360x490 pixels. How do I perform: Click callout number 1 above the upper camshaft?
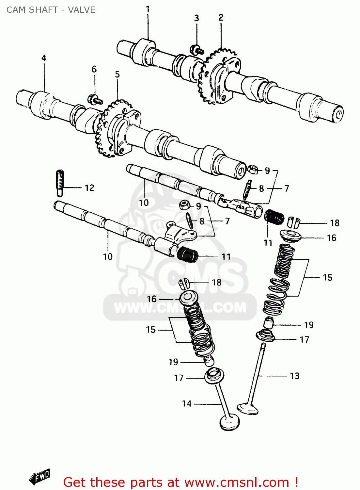point(148,9)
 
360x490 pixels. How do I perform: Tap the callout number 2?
point(221,18)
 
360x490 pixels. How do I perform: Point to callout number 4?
point(44,58)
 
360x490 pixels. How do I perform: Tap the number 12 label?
point(89,188)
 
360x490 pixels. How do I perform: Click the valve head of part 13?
point(248,408)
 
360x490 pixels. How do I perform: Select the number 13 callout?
point(294,376)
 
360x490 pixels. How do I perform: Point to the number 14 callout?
point(187,404)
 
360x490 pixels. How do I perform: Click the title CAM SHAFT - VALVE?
point(51,10)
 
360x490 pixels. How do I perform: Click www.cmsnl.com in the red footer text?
point(237,482)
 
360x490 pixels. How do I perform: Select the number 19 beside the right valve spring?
point(308,325)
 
